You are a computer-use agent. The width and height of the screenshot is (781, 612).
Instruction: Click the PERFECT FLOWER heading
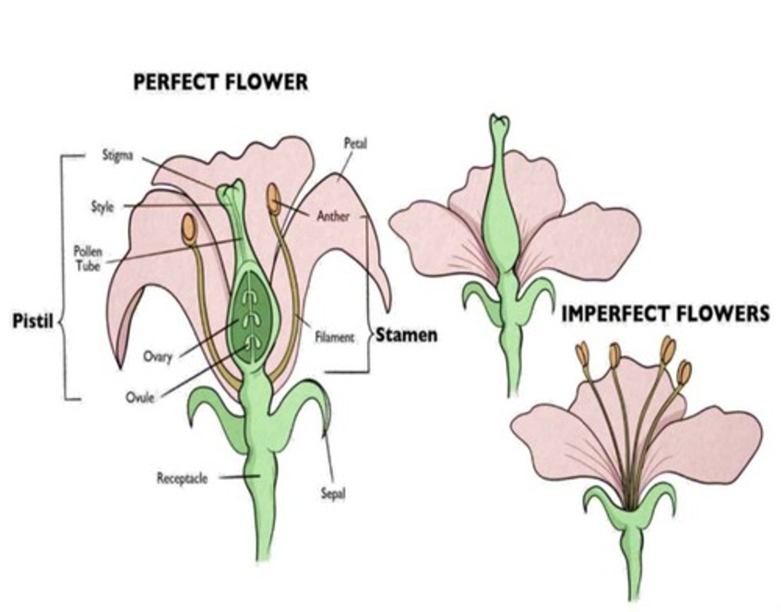point(220,82)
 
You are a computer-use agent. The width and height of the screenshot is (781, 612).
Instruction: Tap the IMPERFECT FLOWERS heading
point(665,314)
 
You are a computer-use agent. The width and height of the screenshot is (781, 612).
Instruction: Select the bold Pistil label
point(33,321)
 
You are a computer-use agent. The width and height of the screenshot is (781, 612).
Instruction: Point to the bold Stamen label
point(407,335)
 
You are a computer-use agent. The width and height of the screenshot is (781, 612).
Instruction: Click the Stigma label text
point(118,156)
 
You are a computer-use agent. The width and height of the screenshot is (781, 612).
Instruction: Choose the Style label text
point(102,207)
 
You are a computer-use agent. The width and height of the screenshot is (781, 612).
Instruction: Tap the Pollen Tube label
point(88,258)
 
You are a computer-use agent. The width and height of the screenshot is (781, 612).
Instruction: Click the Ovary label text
point(157,356)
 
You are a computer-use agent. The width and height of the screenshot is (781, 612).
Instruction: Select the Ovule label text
point(140,397)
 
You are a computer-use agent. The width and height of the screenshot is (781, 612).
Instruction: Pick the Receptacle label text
point(182,478)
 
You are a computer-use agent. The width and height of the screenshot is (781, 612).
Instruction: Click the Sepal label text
point(332,494)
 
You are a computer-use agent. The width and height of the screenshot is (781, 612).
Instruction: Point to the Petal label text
point(355,143)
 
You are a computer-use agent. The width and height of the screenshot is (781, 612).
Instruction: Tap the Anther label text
point(333,216)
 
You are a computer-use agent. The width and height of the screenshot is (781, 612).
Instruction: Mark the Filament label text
point(335,337)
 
